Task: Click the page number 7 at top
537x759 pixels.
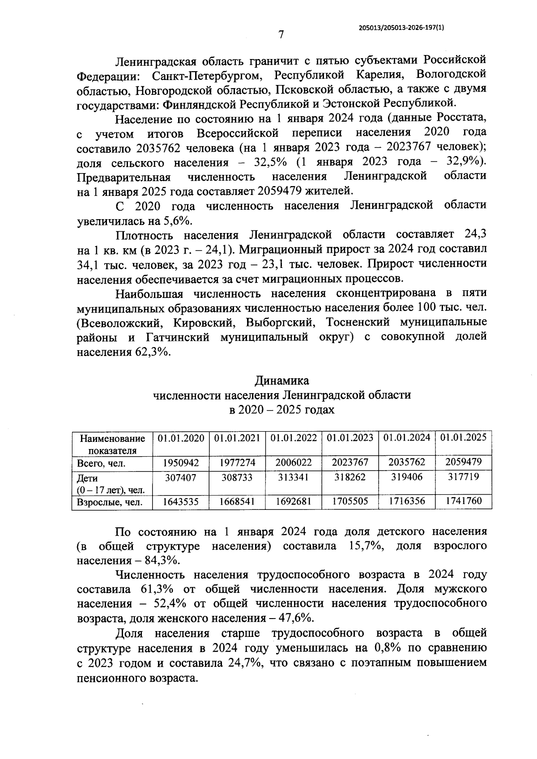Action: coord(281,34)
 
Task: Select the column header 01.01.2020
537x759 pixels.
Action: coord(181,438)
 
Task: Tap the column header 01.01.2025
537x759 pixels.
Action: coord(463,438)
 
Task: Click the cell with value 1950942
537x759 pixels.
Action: coord(181,463)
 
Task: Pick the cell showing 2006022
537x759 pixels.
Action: coord(294,463)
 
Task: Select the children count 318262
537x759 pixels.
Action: coord(350,478)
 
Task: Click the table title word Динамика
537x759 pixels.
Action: coord(282,381)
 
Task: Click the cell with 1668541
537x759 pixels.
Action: coord(237,501)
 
